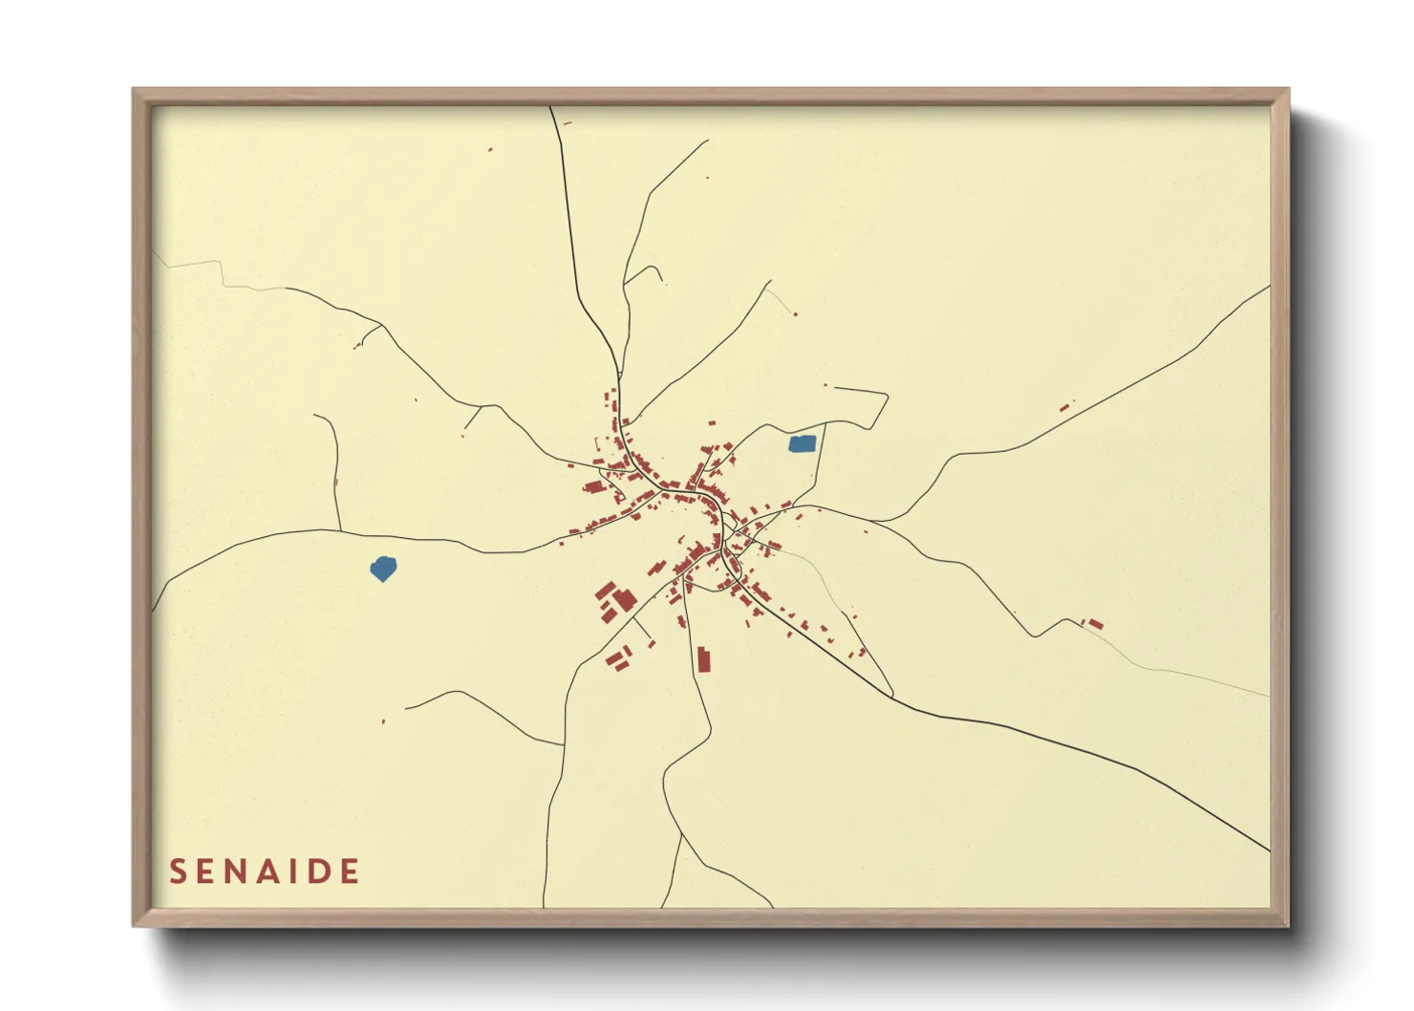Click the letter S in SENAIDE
click(x=178, y=871)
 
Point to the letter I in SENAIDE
click(x=293, y=871)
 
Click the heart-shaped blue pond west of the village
click(x=383, y=569)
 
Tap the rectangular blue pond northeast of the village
click(x=803, y=443)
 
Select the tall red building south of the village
click(x=704, y=659)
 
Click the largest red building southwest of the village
click(x=624, y=600)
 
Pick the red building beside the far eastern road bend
click(x=1095, y=624)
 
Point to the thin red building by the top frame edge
click(x=568, y=122)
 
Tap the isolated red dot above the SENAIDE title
click(x=383, y=721)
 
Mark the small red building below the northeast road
click(x=1064, y=408)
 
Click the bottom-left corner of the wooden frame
click(x=135, y=925)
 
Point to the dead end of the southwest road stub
click(x=406, y=708)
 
